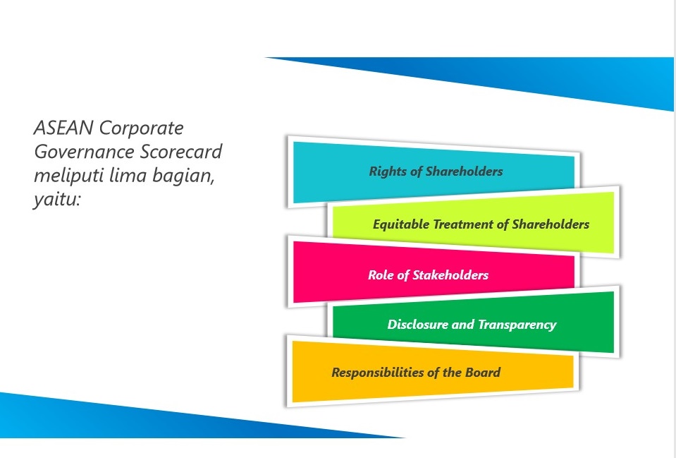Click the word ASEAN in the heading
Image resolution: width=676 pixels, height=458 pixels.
[63, 128]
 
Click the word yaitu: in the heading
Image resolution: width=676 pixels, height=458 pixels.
[57, 200]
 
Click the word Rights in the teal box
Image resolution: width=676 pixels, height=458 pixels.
[388, 171]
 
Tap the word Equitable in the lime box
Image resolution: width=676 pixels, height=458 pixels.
[401, 224]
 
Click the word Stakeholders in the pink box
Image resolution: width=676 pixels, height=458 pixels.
[450, 275]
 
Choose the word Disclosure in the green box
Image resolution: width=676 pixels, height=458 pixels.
[417, 324]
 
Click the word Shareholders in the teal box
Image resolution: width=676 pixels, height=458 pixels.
[464, 171]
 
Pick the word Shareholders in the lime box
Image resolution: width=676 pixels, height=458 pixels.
[551, 224]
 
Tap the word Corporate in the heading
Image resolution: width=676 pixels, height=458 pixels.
[142, 128]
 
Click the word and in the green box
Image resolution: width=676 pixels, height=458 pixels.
[462, 324]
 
